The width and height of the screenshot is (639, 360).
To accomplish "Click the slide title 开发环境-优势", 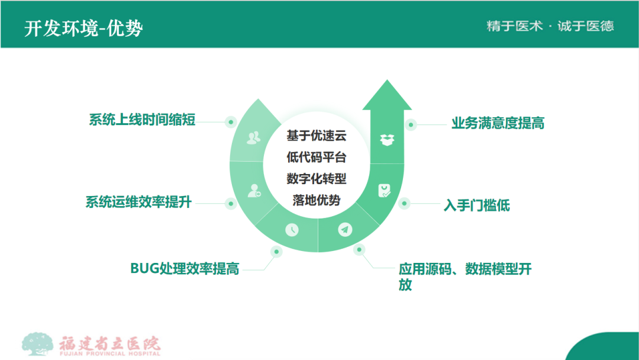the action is pyautogui.click(x=83, y=28).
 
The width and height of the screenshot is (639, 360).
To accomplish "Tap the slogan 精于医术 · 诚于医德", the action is pyautogui.click(x=550, y=26).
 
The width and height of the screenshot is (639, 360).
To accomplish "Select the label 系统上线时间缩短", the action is pyautogui.click(x=142, y=120).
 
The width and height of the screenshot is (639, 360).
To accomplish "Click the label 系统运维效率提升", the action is pyautogui.click(x=138, y=202).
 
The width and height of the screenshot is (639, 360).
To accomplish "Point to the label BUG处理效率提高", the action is pyautogui.click(x=185, y=269).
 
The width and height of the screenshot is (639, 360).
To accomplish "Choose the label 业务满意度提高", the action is pyautogui.click(x=498, y=123).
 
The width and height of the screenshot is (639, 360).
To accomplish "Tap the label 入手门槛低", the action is pyautogui.click(x=476, y=205).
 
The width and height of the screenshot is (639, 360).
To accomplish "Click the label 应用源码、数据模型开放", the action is pyautogui.click(x=465, y=277).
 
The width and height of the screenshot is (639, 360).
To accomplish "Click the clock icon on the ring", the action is pyautogui.click(x=292, y=230).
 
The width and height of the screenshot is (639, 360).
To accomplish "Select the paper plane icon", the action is pyautogui.click(x=345, y=230).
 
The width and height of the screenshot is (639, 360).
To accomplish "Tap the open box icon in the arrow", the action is pyautogui.click(x=387, y=140).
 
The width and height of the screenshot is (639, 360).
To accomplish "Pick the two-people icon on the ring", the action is pyautogui.click(x=253, y=138).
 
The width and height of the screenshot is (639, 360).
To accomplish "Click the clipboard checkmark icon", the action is pyautogui.click(x=384, y=191).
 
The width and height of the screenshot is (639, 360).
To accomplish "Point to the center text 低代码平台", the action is pyautogui.click(x=316, y=157).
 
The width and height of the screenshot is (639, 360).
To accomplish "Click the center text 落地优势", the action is pyautogui.click(x=316, y=200).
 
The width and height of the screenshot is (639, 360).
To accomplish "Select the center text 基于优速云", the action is pyautogui.click(x=316, y=136).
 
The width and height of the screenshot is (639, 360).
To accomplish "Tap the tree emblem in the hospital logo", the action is pyautogui.click(x=37, y=343).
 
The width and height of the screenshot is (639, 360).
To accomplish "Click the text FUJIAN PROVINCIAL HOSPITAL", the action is pyautogui.click(x=110, y=353).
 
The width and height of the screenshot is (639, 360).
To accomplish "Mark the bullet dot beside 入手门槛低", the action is pyautogui.click(x=404, y=203).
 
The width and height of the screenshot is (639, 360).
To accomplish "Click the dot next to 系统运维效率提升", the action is pyautogui.click(x=231, y=204).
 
